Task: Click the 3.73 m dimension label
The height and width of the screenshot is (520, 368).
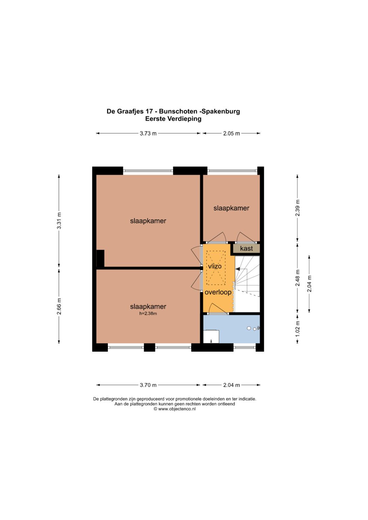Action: point(148,133)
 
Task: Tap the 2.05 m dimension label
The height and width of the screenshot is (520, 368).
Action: point(231,133)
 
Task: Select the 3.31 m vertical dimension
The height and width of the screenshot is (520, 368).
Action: point(59,221)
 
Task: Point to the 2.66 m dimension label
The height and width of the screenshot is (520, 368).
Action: point(59,306)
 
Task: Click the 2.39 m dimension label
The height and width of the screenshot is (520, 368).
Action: point(297,208)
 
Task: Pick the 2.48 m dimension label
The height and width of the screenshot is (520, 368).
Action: point(297,278)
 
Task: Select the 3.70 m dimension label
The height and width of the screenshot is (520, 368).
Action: point(148,385)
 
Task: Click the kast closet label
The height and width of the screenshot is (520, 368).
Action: point(246,248)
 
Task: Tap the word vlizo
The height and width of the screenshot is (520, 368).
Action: point(215,266)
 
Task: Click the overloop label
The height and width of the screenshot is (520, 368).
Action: point(218,292)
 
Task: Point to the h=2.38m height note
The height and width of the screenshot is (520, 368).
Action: point(148,314)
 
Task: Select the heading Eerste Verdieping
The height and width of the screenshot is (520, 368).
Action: point(173,119)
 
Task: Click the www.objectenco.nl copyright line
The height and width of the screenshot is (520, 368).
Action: point(174,409)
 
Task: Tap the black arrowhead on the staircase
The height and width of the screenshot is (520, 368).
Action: point(238,269)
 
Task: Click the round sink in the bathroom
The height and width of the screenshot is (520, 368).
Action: point(249,328)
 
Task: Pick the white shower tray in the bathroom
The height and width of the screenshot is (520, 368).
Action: point(211,336)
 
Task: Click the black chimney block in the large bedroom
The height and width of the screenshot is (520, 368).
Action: point(101,258)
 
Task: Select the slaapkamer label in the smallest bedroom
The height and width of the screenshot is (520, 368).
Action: point(231,208)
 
